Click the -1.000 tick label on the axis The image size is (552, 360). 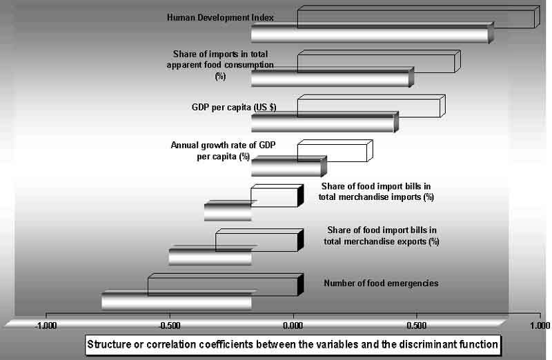tap(46, 326)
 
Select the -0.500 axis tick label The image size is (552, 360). tap(169, 326)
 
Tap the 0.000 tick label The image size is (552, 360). tap(293, 326)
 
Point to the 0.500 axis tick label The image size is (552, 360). tap(417, 326)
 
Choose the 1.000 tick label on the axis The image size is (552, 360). tap(540, 326)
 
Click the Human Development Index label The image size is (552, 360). tap(220, 18)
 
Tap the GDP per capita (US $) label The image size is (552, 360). tap(234, 107)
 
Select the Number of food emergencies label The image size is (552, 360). tap(382, 283)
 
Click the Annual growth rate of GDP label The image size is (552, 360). tap(223, 145)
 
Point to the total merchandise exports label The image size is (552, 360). tap(382, 241)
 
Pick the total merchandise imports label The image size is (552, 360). tap(376, 197)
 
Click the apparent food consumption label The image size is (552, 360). tap(220, 65)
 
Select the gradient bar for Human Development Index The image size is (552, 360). tap(373, 34)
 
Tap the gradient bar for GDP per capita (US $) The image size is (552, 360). tap(325, 123)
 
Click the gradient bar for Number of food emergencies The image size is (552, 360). tap(177, 301)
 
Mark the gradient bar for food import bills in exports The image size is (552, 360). tap(210, 256)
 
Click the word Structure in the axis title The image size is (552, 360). tap(105, 344)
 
